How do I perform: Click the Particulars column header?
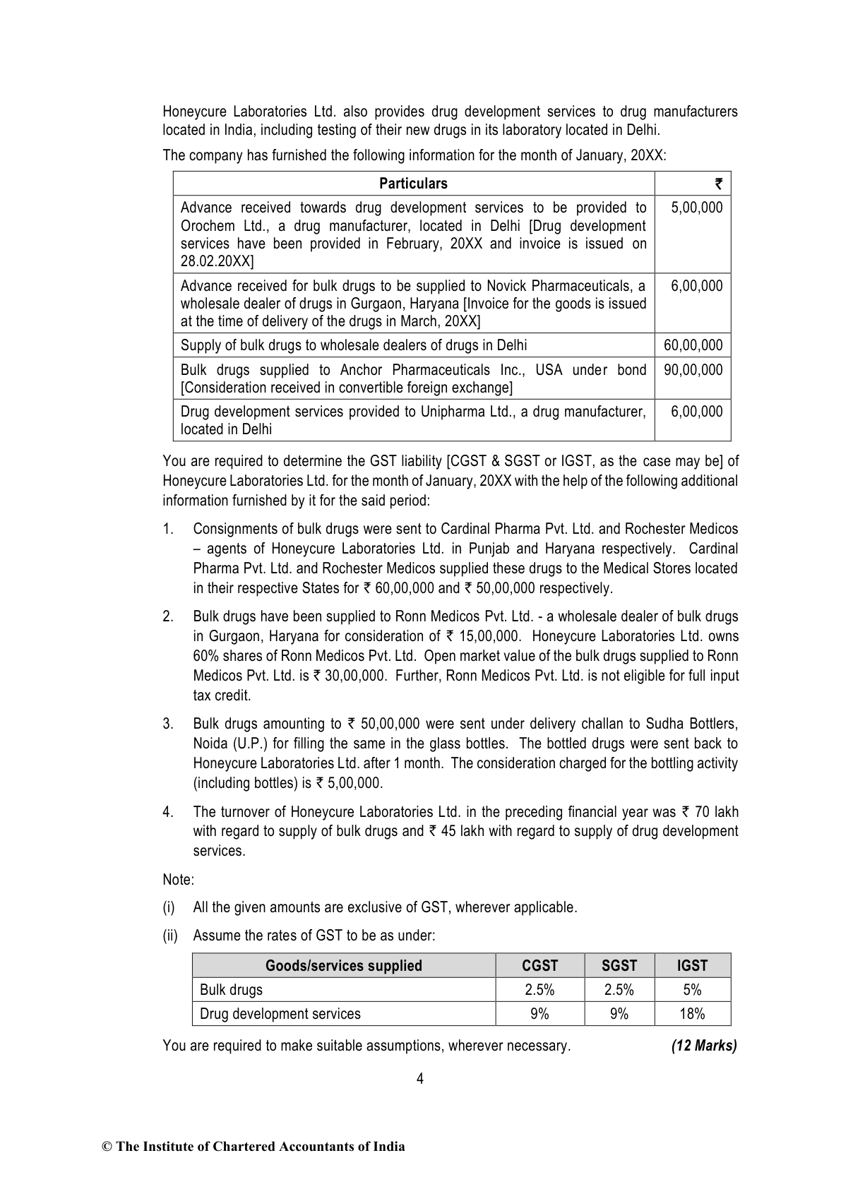[x=413, y=184]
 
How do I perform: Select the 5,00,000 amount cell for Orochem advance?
[x=696, y=208]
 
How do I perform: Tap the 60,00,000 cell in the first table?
[x=693, y=345]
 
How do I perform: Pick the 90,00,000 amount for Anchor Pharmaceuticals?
[x=693, y=370]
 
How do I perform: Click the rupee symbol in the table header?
[x=718, y=184]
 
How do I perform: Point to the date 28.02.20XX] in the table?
[x=217, y=261]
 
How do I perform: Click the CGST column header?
[x=539, y=966]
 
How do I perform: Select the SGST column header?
[x=619, y=966]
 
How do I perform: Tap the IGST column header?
[x=692, y=966]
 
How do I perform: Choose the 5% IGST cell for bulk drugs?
[x=692, y=990]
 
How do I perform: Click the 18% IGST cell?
[x=692, y=1014]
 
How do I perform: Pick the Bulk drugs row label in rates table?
[x=231, y=990]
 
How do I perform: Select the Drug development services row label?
[x=280, y=1014]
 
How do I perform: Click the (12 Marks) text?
[x=703, y=1046]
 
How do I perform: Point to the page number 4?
[x=420, y=1079]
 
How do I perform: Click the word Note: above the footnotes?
[x=178, y=880]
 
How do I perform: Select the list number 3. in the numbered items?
[x=168, y=724]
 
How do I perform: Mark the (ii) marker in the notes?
[x=170, y=936]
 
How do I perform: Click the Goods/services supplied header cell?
[x=343, y=966]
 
